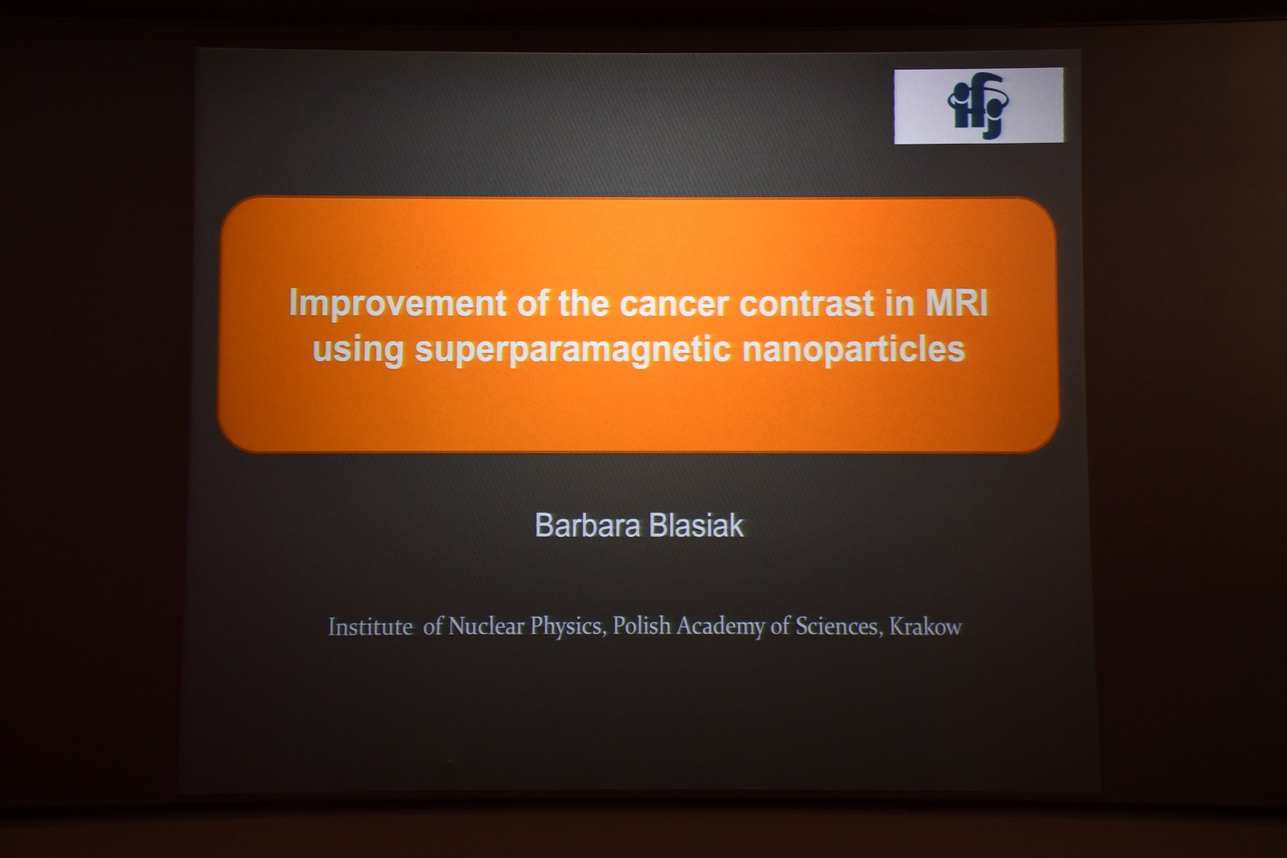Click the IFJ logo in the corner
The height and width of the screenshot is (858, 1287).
pos(978,105)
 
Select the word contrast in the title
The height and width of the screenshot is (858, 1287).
pos(807,303)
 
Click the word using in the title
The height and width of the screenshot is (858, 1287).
pos(358,350)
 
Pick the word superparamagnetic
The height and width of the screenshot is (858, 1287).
pos(573,350)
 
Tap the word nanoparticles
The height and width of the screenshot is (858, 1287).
pos(853,350)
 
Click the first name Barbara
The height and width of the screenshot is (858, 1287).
pos(588,525)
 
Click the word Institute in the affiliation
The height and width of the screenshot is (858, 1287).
pos(371,627)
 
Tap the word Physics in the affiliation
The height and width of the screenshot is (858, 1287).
pos(568,627)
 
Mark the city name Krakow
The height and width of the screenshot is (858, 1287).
pos(926,627)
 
